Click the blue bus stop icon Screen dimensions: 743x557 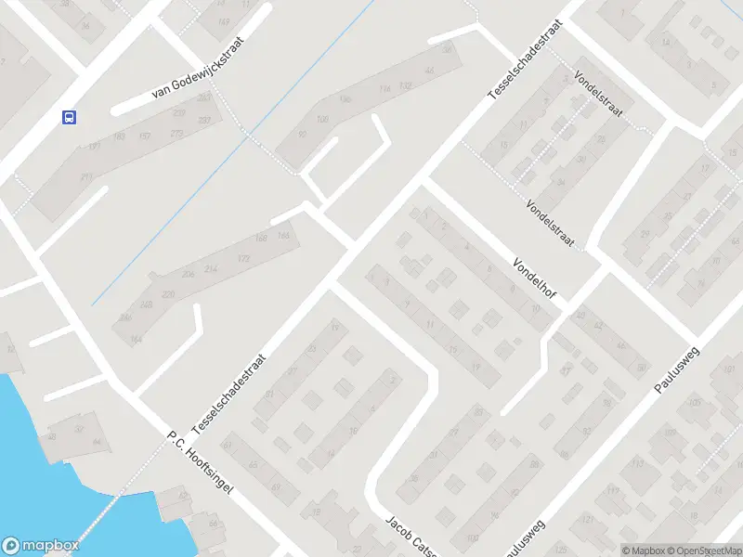tap(69, 117)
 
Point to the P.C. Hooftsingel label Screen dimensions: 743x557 tap(200, 465)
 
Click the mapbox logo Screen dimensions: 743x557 tap(39, 545)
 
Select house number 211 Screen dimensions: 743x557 tap(86, 177)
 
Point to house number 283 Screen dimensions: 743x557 tap(204, 97)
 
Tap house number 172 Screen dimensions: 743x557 tap(244, 258)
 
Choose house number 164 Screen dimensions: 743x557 tap(137, 341)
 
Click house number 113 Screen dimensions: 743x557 tap(638, 462)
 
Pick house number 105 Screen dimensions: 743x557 tap(696, 404)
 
